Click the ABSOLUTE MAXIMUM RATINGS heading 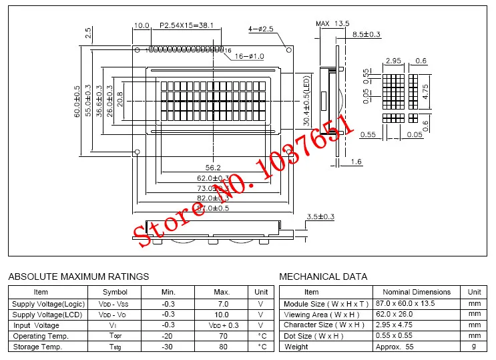click(x=78, y=277)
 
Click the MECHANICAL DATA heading click(x=323, y=277)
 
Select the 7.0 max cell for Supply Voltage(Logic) click(x=222, y=304)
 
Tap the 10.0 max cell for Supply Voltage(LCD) click(x=222, y=315)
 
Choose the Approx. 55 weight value click(x=401, y=347)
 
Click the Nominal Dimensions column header click(x=416, y=292)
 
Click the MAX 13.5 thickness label click(x=332, y=24)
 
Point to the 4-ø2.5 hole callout click(x=261, y=29)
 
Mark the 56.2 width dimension click(x=213, y=168)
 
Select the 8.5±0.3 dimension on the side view click(x=366, y=34)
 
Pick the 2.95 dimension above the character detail click(x=393, y=61)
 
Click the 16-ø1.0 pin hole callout click(x=250, y=57)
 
